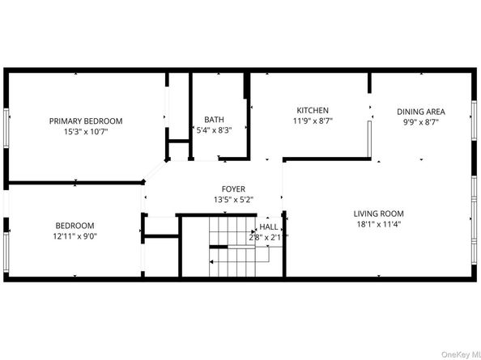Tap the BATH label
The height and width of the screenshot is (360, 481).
pyautogui.click(x=215, y=119)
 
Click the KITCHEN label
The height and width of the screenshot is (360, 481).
pyautogui.click(x=312, y=110)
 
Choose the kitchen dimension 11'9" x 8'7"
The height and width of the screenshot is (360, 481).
pyautogui.click(x=312, y=121)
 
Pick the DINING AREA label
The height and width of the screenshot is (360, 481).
pyautogui.click(x=420, y=111)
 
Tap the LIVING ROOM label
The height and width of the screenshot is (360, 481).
pyautogui.click(x=378, y=214)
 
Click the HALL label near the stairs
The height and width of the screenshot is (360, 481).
pyautogui.click(x=269, y=228)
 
